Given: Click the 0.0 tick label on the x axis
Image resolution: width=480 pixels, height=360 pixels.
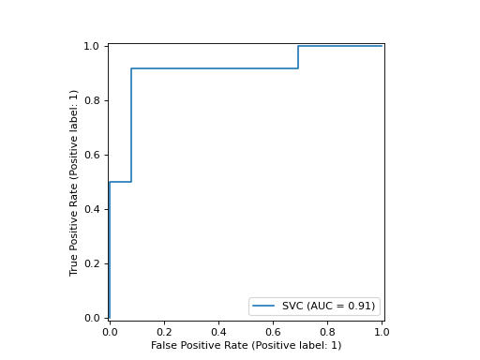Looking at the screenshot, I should click(110, 332).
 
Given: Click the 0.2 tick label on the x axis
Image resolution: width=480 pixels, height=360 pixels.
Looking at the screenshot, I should click(164, 332).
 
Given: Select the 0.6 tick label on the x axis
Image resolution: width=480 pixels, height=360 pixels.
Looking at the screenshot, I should click(273, 332).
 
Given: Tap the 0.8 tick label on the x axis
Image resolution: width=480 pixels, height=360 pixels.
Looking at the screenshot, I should click(327, 332).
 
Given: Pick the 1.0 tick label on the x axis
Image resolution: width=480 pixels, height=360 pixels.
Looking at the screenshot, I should click(382, 332).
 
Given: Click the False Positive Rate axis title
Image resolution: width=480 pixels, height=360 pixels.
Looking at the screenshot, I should click(246, 346).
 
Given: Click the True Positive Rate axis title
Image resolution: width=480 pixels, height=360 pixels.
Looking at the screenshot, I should click(74, 182).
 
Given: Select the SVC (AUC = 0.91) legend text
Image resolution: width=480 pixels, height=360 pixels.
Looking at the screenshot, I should click(328, 306).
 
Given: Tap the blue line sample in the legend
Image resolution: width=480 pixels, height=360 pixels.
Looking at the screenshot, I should click(265, 306).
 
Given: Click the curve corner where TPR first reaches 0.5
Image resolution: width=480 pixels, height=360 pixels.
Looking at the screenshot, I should click(110, 182).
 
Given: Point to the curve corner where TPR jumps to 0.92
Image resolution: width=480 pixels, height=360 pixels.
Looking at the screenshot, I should click(131, 68).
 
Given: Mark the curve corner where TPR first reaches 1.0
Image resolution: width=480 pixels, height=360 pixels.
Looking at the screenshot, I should click(298, 46).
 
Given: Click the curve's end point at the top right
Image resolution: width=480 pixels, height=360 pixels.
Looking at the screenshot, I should click(382, 46).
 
